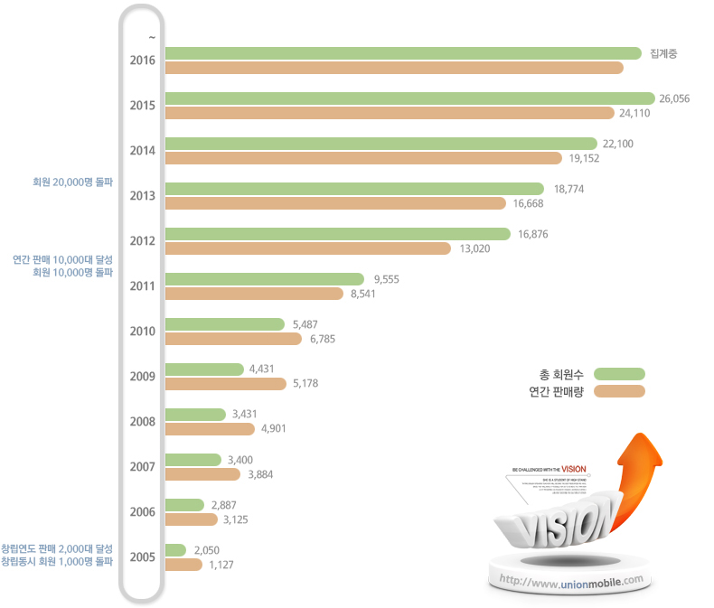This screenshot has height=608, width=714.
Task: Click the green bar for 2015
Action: tap(410, 98)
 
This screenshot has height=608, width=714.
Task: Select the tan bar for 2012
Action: tap(308, 248)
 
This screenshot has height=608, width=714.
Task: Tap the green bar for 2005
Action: tap(176, 549)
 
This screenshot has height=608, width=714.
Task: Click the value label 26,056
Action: tap(675, 98)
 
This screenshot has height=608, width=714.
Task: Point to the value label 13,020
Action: tap(474, 248)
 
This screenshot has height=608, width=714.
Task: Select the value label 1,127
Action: tap(222, 565)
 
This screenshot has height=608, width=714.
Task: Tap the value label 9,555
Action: tap(386, 279)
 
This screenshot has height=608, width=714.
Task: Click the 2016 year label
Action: tap(143, 61)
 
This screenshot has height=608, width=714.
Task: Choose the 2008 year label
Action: tap(143, 422)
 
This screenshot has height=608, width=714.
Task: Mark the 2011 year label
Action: tap(143, 286)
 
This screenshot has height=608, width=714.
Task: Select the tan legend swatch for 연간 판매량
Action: tap(619, 392)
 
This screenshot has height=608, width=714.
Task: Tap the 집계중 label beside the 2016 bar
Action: tap(663, 53)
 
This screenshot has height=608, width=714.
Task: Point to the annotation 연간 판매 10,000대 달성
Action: tap(62, 259)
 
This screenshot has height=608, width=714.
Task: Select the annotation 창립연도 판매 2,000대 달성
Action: tap(57, 548)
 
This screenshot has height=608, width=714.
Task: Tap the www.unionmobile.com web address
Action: tap(570, 580)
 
